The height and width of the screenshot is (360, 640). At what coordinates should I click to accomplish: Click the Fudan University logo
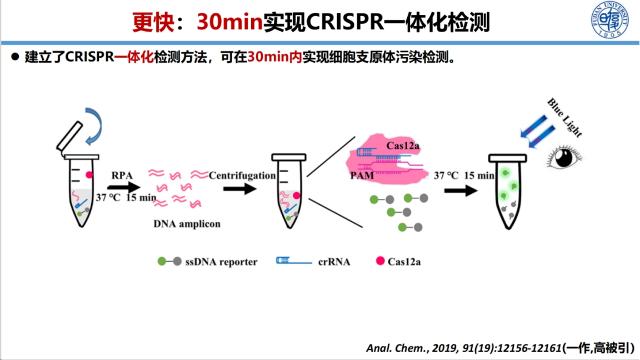click(x=610, y=20)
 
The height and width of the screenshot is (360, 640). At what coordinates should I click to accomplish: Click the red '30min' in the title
click(x=230, y=22)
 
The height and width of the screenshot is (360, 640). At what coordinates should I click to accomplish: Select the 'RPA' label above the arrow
click(x=122, y=176)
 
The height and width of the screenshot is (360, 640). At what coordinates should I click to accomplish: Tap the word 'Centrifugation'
click(x=242, y=176)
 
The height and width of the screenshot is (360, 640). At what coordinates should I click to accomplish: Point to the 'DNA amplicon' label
click(x=187, y=224)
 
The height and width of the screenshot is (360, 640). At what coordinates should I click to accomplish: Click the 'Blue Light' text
click(x=564, y=118)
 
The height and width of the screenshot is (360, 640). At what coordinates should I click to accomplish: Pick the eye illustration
click(x=564, y=158)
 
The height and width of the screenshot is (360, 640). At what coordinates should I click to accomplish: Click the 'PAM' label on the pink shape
click(x=362, y=176)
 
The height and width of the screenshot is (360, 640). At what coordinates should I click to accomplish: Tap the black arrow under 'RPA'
click(x=124, y=187)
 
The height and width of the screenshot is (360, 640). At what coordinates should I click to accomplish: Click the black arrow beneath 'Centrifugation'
click(x=240, y=189)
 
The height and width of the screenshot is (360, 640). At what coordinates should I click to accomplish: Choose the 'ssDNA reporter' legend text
click(x=221, y=262)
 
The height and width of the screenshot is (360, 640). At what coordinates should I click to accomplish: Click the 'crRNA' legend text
click(x=334, y=262)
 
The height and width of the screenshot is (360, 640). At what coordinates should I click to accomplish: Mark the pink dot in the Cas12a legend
click(x=380, y=261)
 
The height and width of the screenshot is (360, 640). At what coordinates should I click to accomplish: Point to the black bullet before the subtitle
click(x=15, y=57)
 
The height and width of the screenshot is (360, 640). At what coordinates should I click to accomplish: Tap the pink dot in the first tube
click(x=89, y=174)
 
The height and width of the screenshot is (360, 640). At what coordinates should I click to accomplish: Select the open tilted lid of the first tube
click(x=69, y=136)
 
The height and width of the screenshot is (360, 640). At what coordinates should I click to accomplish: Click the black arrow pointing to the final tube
click(x=461, y=191)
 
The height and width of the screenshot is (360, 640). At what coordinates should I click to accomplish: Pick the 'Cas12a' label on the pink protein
click(x=402, y=146)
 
